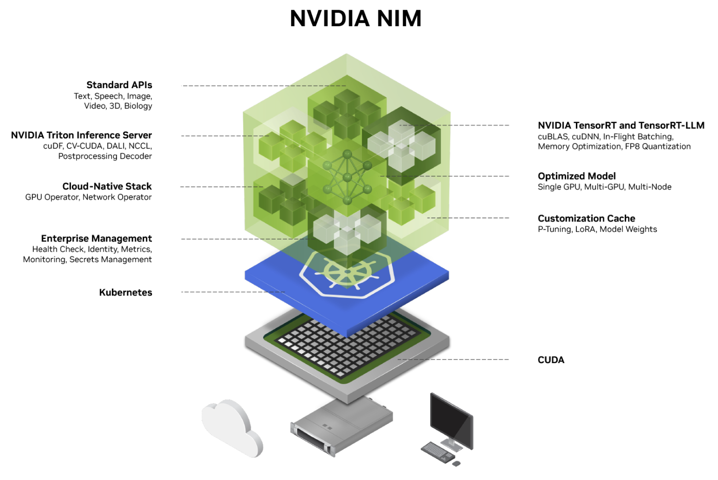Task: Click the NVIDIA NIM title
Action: [355, 19]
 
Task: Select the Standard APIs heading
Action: [119, 85]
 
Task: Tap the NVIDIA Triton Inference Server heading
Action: [81, 135]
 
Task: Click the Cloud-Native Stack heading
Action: [107, 187]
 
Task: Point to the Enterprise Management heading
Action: [96, 238]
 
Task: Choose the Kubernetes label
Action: [125, 293]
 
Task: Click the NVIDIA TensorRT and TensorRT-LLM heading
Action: [620, 126]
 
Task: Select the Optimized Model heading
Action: [576, 176]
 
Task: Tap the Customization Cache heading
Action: [586, 218]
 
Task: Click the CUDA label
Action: [551, 360]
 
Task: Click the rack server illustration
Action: [341, 426]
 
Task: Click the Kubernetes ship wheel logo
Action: [347, 272]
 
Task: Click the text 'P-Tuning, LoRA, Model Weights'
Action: [597, 229]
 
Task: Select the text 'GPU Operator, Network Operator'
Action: [88, 197]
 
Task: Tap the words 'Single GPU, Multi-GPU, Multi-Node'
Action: [604, 187]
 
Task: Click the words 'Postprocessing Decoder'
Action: [105, 156]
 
